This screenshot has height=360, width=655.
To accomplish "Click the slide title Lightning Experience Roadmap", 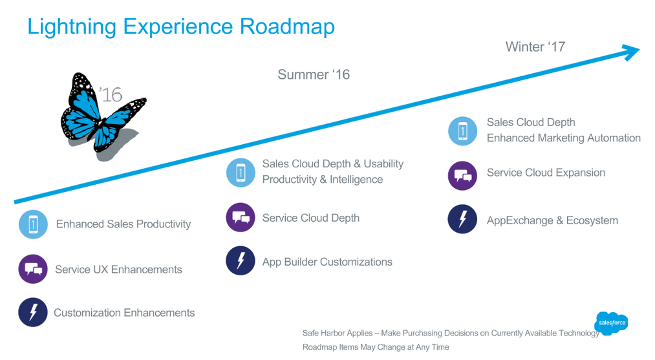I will pyautogui.click(x=181, y=26).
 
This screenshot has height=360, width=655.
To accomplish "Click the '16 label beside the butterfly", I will pyautogui.click(x=111, y=95).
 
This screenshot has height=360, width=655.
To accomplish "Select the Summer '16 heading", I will pyautogui.click(x=314, y=74).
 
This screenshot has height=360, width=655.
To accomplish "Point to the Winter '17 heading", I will pyautogui.click(x=535, y=47).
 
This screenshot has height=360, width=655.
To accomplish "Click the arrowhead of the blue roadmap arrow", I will pyautogui.click(x=631, y=52).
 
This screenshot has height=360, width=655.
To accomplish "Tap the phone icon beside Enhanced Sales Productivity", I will pyautogui.click(x=33, y=224).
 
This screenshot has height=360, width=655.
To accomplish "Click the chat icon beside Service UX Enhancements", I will pyautogui.click(x=33, y=269).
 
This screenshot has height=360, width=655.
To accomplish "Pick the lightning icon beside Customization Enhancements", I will pyautogui.click(x=33, y=312).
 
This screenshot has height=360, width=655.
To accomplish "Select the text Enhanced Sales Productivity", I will pyautogui.click(x=123, y=224).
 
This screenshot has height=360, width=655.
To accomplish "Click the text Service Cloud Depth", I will pyautogui.click(x=310, y=218).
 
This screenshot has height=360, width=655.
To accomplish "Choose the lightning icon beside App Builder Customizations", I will pyautogui.click(x=241, y=261).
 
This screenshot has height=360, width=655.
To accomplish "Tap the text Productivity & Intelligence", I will pyautogui.click(x=322, y=180).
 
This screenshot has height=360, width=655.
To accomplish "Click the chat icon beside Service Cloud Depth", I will pyautogui.click(x=241, y=217).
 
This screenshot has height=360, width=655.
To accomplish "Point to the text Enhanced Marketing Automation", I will pyautogui.click(x=563, y=138).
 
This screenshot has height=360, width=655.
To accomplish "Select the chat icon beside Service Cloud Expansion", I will pyautogui.click(x=462, y=175).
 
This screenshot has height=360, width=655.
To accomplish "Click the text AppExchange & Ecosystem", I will pyautogui.click(x=552, y=220).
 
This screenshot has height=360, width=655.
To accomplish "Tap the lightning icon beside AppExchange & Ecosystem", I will pyautogui.click(x=462, y=219).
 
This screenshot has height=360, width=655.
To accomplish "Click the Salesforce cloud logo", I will pyautogui.click(x=611, y=323).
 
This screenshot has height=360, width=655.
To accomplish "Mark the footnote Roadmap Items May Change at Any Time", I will pyautogui.click(x=376, y=347).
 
